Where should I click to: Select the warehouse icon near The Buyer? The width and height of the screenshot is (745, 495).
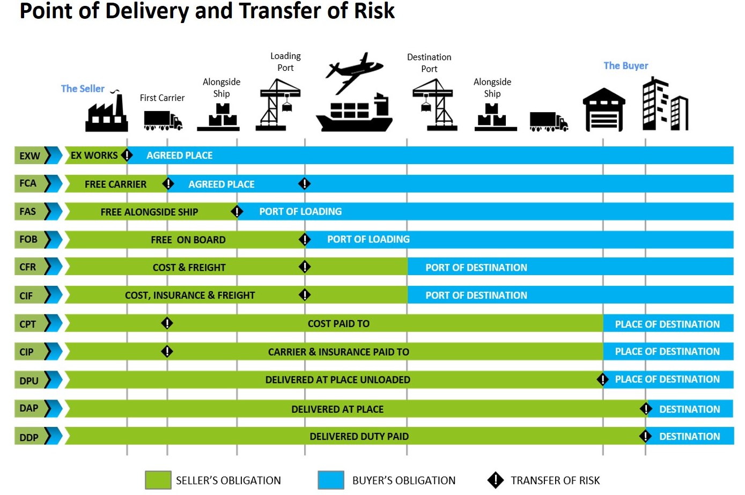click(x=604, y=110)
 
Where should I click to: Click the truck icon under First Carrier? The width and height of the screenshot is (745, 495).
click(x=163, y=121)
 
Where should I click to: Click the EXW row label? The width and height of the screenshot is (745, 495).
click(x=30, y=156)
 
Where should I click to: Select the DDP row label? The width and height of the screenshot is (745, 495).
click(x=29, y=437)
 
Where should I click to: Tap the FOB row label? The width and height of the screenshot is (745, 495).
click(x=28, y=239)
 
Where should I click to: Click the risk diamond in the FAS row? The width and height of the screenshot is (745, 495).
click(x=237, y=211)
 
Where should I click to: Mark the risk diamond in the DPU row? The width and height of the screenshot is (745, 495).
click(x=602, y=380)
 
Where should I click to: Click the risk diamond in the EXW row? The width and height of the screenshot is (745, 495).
click(x=127, y=155)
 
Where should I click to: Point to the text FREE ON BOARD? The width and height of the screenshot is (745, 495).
click(x=188, y=240)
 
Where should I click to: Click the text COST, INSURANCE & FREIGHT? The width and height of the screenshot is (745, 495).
click(x=190, y=295)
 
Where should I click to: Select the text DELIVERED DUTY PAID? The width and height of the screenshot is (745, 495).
click(x=359, y=437)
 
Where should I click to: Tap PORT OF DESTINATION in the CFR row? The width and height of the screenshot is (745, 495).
click(x=476, y=268)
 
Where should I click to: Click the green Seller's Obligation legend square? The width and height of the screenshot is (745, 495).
click(x=158, y=480)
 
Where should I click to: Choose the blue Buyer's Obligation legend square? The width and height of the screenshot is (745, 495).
click(x=331, y=480)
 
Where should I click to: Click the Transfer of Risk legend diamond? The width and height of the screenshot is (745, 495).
click(x=496, y=480)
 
